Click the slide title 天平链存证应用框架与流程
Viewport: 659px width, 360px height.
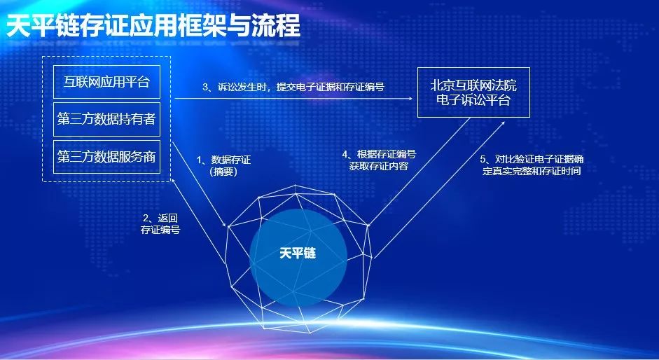click(153, 25)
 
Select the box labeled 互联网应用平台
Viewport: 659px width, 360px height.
click(106, 81)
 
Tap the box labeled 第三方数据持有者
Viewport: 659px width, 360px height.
click(106, 119)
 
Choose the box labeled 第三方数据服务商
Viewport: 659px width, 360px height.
click(106, 157)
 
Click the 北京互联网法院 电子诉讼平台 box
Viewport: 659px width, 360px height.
click(473, 92)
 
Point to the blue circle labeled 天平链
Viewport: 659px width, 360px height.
click(298, 257)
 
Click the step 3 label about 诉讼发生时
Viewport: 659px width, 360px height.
click(293, 87)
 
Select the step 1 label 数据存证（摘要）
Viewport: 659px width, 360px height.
click(223, 166)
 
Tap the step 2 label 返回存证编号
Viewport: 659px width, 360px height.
click(160, 223)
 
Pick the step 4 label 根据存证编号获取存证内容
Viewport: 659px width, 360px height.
click(379, 160)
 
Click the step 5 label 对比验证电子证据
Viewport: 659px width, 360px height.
click(532, 165)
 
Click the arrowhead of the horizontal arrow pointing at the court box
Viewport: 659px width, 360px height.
click(410, 99)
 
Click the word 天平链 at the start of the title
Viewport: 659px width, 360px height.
click(43, 26)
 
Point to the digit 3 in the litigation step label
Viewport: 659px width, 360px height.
click(205, 88)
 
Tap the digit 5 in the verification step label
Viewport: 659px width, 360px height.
click(483, 160)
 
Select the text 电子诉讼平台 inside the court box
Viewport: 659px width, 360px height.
click(473, 100)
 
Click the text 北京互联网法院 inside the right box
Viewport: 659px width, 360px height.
click(473, 85)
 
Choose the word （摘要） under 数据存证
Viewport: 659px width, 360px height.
click(223, 172)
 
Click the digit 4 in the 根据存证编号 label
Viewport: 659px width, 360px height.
click(345, 155)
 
